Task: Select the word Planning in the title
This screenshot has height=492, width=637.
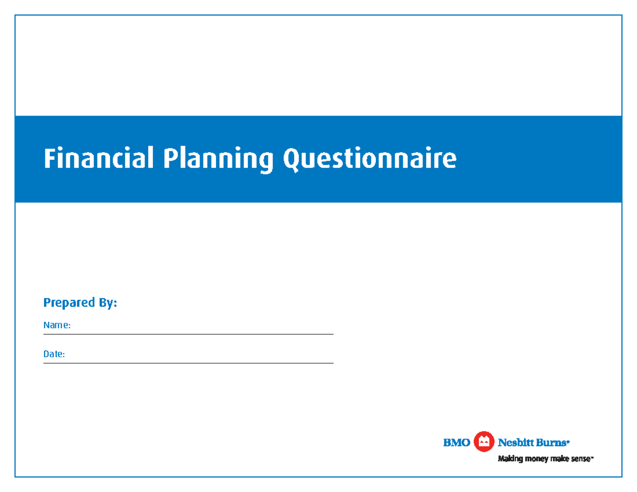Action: (x=218, y=160)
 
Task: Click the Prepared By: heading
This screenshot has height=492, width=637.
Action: (x=80, y=303)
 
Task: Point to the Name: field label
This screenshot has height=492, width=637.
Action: (x=57, y=325)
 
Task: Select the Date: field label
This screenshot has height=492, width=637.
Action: (x=54, y=354)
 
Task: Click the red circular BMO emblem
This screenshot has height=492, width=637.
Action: (x=484, y=442)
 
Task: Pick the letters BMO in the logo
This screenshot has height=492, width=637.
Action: (x=457, y=442)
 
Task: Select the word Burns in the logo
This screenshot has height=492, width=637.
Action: (x=553, y=442)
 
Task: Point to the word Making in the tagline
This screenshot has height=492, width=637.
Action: (x=510, y=459)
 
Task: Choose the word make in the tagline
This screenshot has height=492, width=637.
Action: (x=561, y=459)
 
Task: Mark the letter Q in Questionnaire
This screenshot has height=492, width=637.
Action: (x=292, y=159)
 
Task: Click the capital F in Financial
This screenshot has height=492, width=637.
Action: (x=49, y=159)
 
